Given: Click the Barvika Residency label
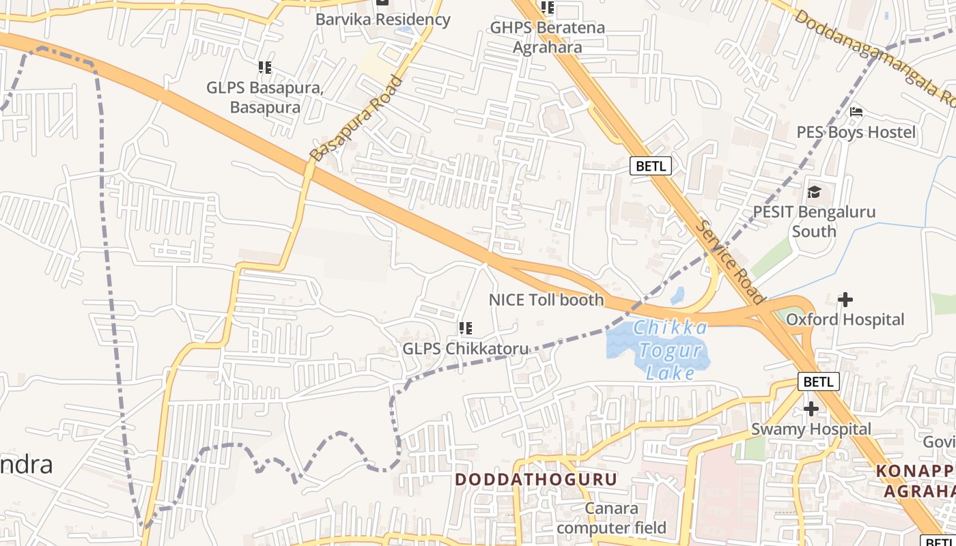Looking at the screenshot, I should pos(382,19).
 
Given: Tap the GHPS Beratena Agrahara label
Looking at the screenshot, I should pos(548,38).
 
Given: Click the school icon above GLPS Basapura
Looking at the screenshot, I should pos(265,68).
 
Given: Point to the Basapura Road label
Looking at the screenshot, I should pos(355,119).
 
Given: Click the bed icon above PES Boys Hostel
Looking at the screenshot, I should pos(856,112).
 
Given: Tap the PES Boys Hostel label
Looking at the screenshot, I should pos(856,132).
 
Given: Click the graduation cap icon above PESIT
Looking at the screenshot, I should pos(814,192).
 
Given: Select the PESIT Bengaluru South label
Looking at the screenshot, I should pos(814,221).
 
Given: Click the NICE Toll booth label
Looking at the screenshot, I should pos(546,300).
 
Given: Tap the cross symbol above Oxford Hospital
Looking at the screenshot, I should pos(845,300).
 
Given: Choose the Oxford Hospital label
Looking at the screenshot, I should pos(845,319).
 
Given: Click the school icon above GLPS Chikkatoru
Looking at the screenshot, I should pos(466,328).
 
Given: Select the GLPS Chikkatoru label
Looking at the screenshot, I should pos(465,349).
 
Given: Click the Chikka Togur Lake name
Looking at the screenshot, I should pos(670,350).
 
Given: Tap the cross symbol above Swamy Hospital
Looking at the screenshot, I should pos(811,409).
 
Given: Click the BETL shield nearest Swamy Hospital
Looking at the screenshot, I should pos(818,382).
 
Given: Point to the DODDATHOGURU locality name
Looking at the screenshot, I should pos(536,479).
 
